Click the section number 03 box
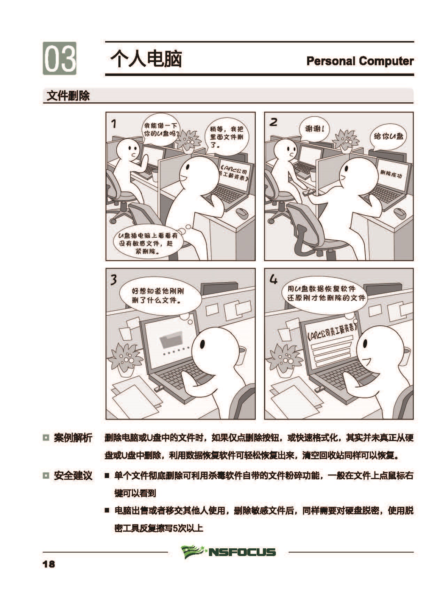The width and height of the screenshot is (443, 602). coord(60,58)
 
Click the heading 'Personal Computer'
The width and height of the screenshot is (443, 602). coord(360,61)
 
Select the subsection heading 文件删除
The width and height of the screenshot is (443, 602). coord(68,96)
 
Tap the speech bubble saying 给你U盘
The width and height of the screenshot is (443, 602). coord(388,137)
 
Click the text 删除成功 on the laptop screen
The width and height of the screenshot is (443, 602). coord(391,174)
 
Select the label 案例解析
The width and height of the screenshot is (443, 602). coord(73,438)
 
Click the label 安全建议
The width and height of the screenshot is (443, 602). coord(73,476)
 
